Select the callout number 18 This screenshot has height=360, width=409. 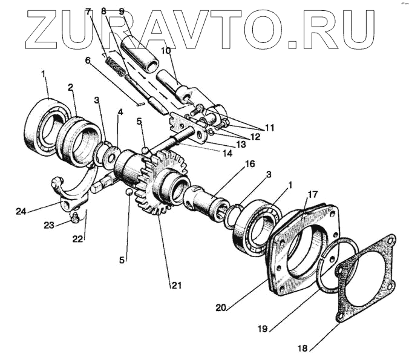coord(302,348)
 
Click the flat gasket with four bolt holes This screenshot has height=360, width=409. coord(363,275)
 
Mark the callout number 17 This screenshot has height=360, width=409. coord(312,195)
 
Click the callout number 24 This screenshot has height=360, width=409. coord(21,211)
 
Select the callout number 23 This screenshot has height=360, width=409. coord(48,225)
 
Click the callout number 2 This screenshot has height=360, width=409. coord(71,87)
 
